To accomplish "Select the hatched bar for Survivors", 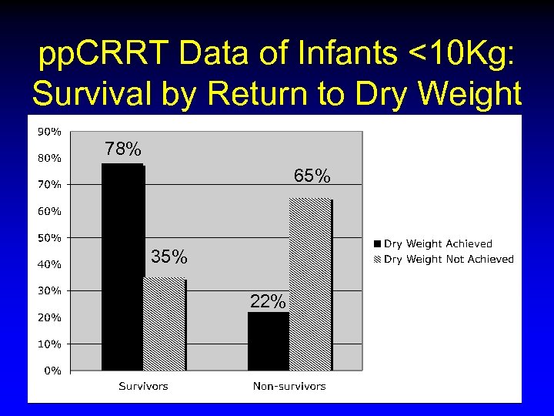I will click(164, 324).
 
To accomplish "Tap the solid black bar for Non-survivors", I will click(268, 341).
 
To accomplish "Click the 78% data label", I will click(123, 149).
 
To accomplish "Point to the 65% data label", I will click(312, 176).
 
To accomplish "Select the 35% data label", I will click(169, 257).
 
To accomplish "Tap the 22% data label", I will click(268, 302).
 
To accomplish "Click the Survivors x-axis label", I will click(143, 386).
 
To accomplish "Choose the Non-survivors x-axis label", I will click(289, 386).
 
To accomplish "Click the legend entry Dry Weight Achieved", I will click(437, 244).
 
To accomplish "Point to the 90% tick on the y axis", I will click(50, 132).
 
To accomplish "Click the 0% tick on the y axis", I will click(52, 371).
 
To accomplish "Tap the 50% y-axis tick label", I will click(50, 238).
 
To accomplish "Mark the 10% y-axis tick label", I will click(50, 344).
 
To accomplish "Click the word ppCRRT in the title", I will click(100, 56).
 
